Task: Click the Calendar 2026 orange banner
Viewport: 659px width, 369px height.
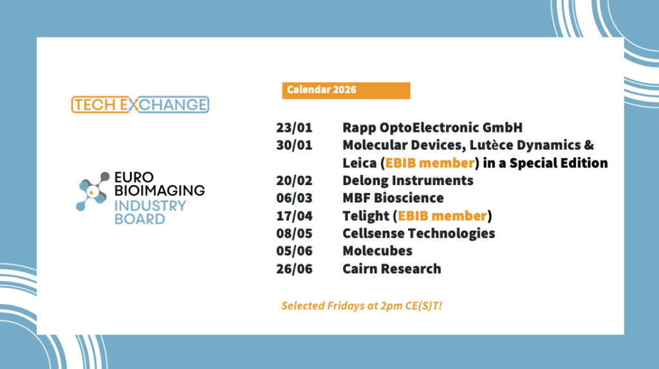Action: point(346,90)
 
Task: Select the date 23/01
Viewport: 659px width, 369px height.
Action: point(294,127)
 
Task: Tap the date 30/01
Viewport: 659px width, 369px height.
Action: point(294,145)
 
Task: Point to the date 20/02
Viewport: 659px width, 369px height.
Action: point(294,180)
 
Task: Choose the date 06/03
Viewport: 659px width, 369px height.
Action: point(294,197)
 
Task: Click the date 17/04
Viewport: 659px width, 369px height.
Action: point(294,215)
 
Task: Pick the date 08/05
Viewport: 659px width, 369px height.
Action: point(294,233)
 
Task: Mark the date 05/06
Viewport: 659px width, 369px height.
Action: point(294,251)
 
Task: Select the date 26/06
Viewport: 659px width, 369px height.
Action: point(294,269)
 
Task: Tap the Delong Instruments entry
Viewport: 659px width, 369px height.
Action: point(407,180)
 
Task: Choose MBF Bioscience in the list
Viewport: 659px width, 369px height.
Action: point(393,197)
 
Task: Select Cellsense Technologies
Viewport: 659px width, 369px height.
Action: point(418,233)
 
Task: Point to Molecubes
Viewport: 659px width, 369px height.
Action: point(377,251)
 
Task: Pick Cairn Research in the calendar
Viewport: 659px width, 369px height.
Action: point(391,269)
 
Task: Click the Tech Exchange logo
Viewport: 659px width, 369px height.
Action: point(140,104)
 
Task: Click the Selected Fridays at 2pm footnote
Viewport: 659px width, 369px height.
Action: point(362,305)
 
